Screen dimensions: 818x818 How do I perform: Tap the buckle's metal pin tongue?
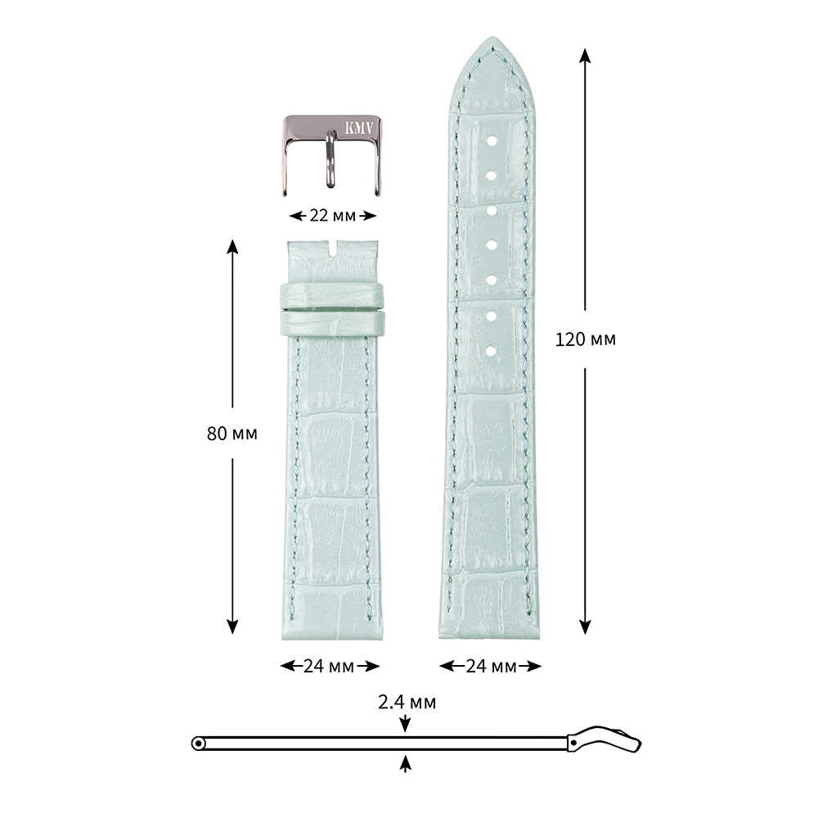[x=330, y=160]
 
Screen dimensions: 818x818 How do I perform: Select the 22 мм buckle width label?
[x=332, y=215]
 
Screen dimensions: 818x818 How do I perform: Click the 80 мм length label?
[x=232, y=434]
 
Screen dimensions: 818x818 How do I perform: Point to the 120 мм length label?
[x=586, y=339]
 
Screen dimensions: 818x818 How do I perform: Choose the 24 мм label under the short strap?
[x=329, y=666]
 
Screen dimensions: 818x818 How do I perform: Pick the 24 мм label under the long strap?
[x=491, y=666]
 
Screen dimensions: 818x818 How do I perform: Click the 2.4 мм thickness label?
[x=407, y=703]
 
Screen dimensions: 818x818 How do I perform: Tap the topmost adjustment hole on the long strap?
[x=492, y=141]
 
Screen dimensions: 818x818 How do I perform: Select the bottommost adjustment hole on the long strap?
[x=492, y=352]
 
